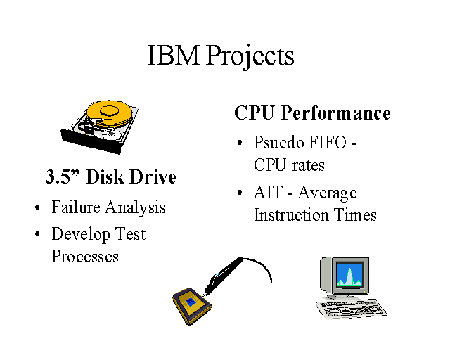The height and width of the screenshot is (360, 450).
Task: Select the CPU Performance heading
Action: [x=312, y=112]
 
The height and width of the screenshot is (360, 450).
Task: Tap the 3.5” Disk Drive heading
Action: [x=110, y=176]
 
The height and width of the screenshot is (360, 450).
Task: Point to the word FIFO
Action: [x=331, y=143]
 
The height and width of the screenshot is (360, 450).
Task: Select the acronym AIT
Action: [x=268, y=193]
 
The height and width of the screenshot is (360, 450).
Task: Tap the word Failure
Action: [x=76, y=207]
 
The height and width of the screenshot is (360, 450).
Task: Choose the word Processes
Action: [x=85, y=256]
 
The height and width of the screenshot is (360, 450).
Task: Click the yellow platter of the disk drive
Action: [x=110, y=112]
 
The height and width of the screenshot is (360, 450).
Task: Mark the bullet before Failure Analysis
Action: [x=37, y=208]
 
